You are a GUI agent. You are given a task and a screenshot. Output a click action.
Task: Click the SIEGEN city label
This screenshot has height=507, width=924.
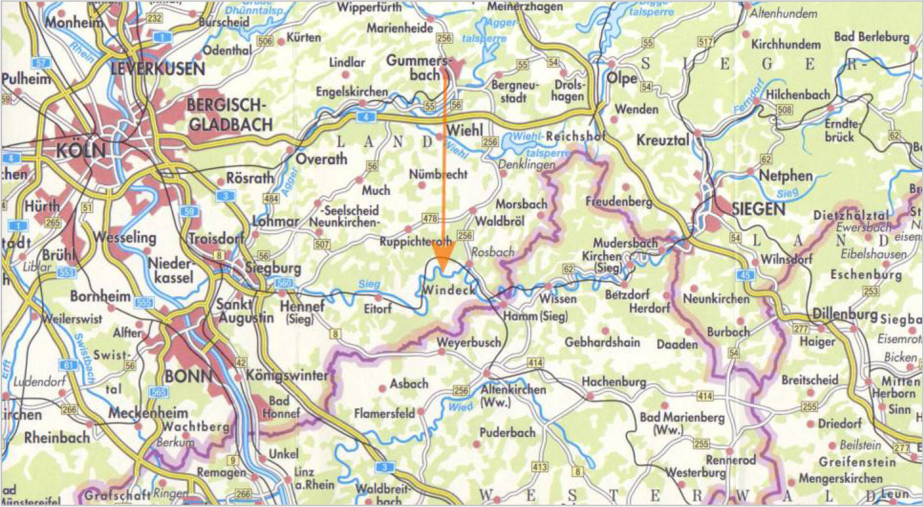pyautogui.click(x=758, y=208)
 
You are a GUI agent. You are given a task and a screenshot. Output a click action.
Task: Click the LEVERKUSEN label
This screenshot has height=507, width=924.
pyautogui.click(x=158, y=69)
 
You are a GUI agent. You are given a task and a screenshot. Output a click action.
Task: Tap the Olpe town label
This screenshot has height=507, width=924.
pyautogui.click(x=623, y=78)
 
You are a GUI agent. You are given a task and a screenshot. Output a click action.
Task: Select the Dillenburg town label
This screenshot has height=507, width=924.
pyautogui.click(x=844, y=315)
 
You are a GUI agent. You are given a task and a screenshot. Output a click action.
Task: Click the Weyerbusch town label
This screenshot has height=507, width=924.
pyautogui.click(x=469, y=343)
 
